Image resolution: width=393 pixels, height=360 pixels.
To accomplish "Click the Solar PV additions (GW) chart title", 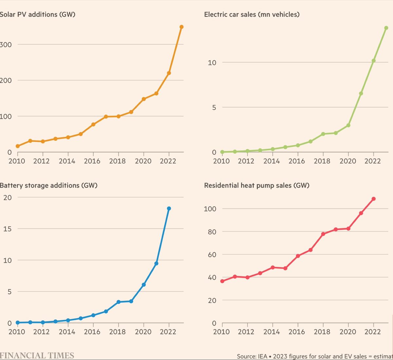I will [37, 14].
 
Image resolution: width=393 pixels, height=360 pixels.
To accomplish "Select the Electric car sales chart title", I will [252, 14].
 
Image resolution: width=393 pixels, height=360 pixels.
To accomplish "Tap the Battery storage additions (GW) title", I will [48, 185].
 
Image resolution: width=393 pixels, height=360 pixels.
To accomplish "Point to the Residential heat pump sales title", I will [256, 185].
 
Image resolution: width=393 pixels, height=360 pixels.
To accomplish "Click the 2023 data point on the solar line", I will [181, 27].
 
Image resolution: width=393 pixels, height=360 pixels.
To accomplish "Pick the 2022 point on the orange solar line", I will [169, 73].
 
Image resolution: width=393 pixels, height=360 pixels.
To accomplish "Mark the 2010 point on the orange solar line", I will [18, 146].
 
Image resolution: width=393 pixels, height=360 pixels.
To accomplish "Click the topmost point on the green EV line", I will [386, 28].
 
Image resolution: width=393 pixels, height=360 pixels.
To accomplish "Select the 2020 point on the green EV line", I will [348, 125].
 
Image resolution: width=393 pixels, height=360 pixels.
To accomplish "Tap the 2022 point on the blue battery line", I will [169, 208].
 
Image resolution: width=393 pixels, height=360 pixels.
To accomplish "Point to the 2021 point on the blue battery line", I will [156, 263].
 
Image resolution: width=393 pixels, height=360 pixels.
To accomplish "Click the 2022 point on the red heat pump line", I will [373, 199].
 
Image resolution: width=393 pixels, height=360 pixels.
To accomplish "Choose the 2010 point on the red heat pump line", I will [222, 281].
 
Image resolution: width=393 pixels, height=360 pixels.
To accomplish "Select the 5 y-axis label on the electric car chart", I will [214, 107].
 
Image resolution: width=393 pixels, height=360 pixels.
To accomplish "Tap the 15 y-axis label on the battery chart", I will [7, 229].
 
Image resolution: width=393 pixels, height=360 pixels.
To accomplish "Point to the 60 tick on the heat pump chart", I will [212, 255].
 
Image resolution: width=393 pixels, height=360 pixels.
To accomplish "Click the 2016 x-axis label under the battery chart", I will [92, 332].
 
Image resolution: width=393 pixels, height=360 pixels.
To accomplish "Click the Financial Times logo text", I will [37, 355].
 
